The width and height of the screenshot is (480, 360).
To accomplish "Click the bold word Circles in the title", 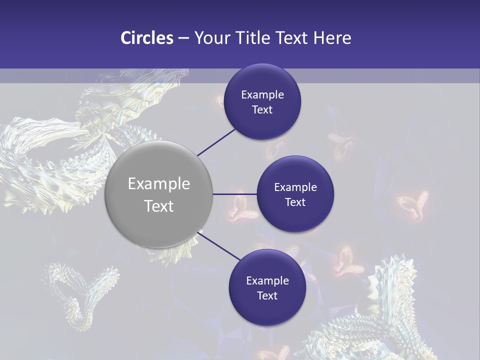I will point(147,38).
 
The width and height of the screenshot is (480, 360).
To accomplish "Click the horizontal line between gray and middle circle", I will point(234,194).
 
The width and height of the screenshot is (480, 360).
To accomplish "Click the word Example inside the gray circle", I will point(159,184).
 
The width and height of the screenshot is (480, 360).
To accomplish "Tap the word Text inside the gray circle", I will point(159,206).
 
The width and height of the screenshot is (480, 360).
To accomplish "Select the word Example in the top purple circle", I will point(262,95).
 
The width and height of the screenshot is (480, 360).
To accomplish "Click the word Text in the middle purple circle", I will point(295,202).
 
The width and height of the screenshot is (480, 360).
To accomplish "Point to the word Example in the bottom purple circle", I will point(267,281).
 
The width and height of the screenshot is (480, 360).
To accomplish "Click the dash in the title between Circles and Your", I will point(183,38).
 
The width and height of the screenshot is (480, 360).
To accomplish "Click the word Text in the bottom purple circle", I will point(267,296).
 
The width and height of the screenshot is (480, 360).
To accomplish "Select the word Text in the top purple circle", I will point(262,110).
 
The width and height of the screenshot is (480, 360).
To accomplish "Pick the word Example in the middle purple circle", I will point(295,187).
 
